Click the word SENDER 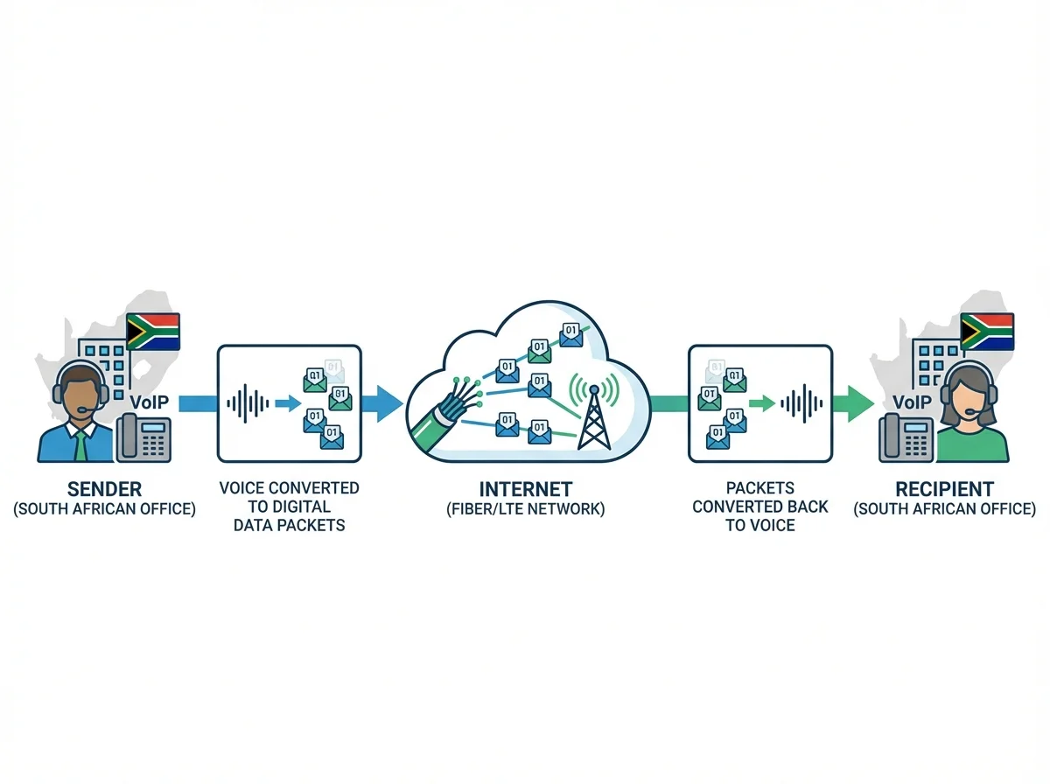104,488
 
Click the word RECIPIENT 944,488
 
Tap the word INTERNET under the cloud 526,488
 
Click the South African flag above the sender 153,332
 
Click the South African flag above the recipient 987,332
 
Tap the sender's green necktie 80,445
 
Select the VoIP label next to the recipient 913,402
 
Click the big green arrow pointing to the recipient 852,403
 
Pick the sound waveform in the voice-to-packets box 248,403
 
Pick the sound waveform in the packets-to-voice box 802,403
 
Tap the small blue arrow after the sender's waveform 286,403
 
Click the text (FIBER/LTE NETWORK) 526,508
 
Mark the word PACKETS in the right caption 760,488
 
